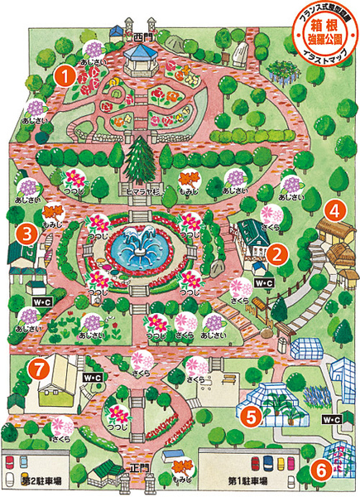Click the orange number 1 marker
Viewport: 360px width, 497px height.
(62, 75)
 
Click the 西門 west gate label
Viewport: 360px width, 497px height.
(138, 36)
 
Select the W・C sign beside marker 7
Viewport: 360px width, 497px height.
(92, 378)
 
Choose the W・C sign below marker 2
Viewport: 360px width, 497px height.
(265, 283)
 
